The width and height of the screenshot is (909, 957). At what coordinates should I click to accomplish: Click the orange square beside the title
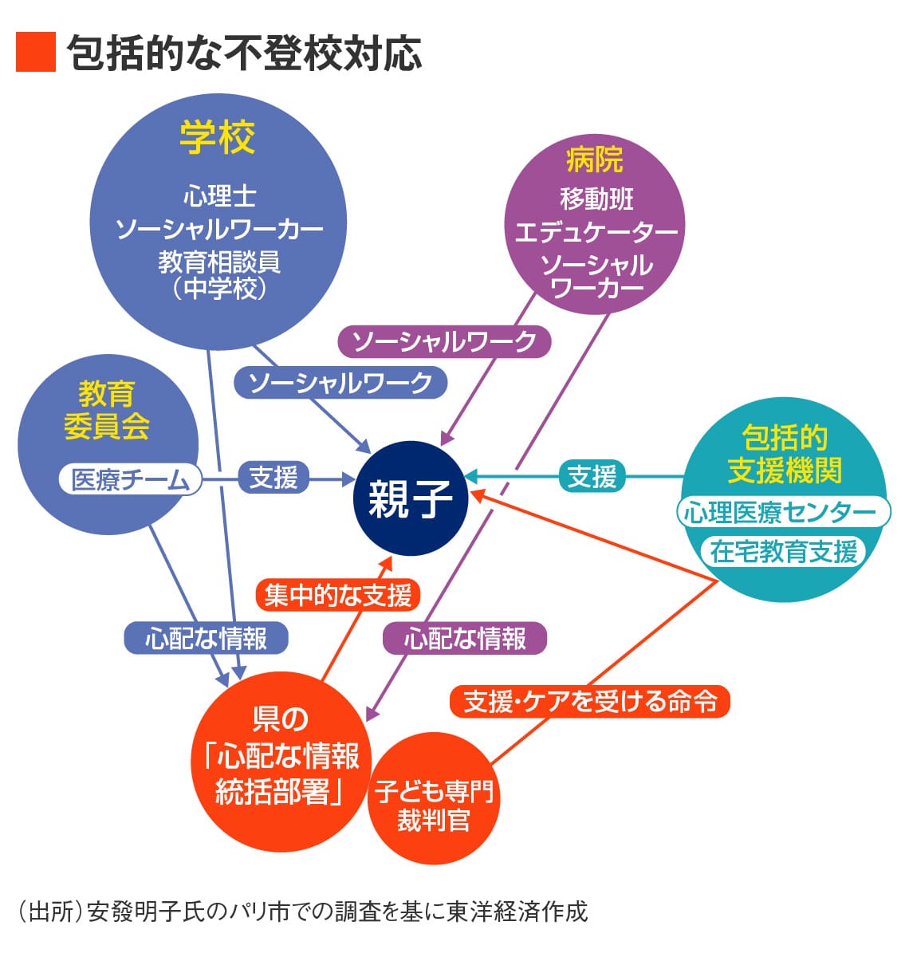[x=36, y=52]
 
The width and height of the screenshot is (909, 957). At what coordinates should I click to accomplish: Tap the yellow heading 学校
[x=218, y=137]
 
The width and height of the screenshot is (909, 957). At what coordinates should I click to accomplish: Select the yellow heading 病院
[x=595, y=159]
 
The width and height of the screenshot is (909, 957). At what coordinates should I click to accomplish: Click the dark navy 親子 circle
[x=411, y=498]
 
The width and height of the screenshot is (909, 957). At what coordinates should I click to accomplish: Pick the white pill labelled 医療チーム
[x=130, y=479]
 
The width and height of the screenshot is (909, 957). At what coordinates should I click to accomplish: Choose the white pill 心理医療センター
[x=783, y=512]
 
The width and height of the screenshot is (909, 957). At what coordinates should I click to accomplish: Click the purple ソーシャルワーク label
[x=444, y=341]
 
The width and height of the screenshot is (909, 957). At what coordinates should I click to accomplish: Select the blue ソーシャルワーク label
[x=340, y=383]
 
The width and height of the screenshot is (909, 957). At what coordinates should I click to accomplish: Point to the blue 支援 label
[x=273, y=477]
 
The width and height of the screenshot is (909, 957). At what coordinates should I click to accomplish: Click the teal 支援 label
[x=592, y=475]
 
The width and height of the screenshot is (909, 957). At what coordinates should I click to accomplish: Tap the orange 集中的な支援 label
[x=338, y=595]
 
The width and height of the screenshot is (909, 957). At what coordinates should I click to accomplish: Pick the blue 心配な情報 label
[x=207, y=638]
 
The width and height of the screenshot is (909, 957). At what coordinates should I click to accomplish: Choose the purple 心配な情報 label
[x=465, y=638]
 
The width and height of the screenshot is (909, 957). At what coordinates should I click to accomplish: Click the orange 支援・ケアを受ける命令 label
[x=590, y=702]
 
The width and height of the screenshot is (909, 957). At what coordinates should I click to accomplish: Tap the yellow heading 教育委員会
[x=107, y=411]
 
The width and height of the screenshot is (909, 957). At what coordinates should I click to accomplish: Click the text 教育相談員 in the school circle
[x=219, y=262]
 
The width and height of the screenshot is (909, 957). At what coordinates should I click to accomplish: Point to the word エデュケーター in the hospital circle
[x=596, y=232]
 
